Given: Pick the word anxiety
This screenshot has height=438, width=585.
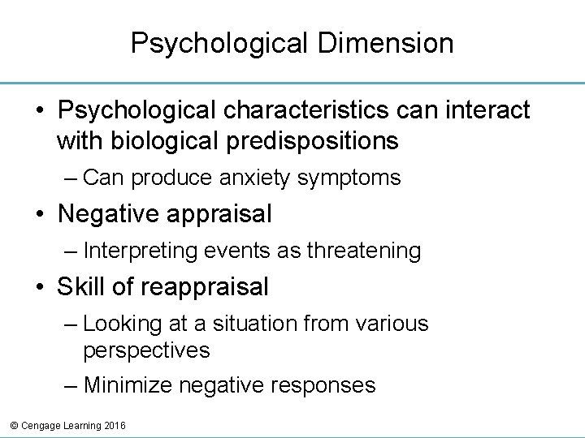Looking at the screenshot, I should pos(241,178).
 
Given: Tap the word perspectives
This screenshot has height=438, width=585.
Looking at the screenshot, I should pos(146,350).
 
